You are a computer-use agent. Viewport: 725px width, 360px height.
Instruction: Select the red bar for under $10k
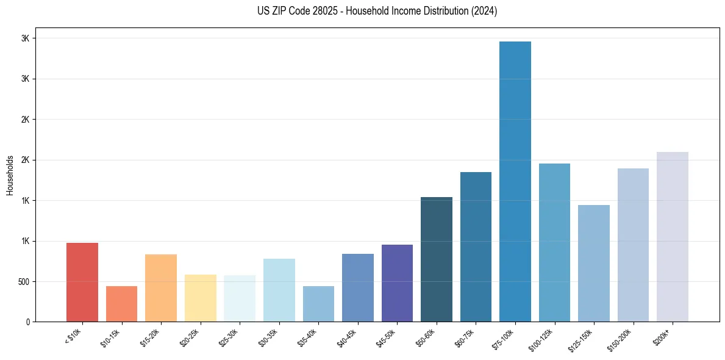82,282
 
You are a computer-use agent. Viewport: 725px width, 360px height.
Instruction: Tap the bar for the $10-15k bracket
121,303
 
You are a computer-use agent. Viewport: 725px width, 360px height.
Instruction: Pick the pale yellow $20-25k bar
201,298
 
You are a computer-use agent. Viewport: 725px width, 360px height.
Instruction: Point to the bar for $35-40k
318,303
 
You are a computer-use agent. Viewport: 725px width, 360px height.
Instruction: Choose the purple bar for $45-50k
397,283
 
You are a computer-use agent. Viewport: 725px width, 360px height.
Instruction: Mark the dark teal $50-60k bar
437,259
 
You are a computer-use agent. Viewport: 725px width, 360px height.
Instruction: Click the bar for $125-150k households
594,263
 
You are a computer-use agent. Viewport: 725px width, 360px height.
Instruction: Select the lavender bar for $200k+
673,236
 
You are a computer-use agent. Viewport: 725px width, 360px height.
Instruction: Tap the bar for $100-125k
554,242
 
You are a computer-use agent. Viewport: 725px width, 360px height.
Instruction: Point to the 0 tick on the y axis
27,322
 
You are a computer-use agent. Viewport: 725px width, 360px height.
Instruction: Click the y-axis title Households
10,175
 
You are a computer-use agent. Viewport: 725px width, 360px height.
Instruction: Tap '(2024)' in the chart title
484,11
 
